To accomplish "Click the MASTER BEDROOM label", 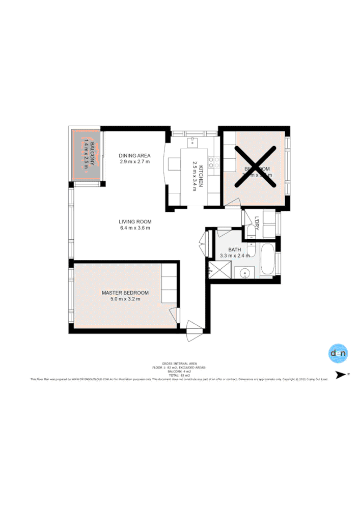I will (x=125, y=293).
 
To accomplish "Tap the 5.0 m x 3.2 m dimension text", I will (x=125, y=299).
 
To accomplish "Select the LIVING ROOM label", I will (x=135, y=221).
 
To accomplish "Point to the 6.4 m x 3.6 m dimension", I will (x=135, y=228).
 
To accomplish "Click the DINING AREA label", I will (x=134, y=155).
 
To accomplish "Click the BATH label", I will (x=235, y=249).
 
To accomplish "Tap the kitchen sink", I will (x=192, y=142).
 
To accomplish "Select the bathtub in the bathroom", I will (x=266, y=261).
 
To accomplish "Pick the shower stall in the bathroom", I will (x=219, y=270).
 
